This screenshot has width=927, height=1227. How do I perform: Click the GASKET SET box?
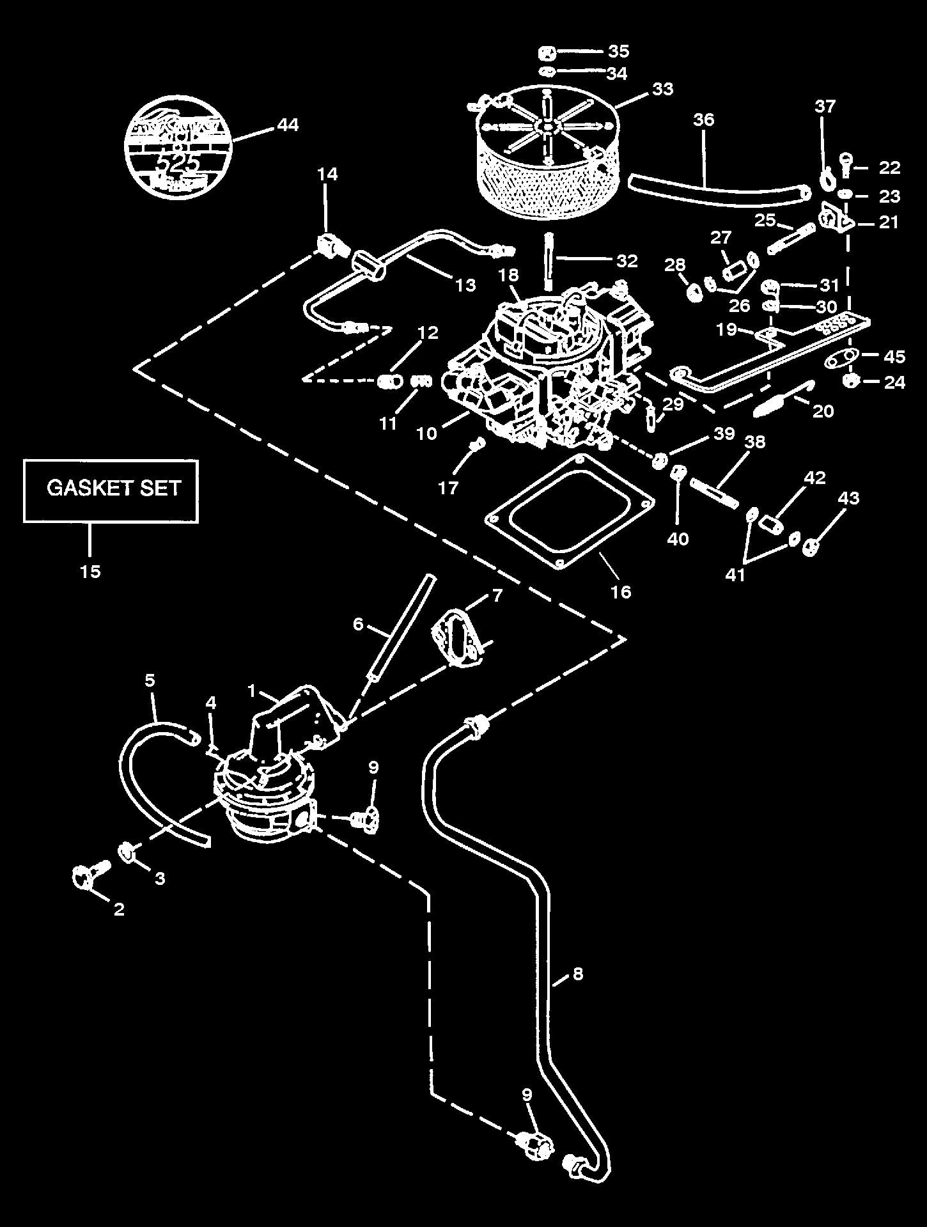point(111,490)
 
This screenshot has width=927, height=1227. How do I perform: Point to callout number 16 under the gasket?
point(621,591)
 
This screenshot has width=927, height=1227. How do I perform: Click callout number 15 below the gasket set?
point(91,571)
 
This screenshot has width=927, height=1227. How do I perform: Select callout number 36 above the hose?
point(703,120)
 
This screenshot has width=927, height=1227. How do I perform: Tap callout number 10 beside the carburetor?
point(426,433)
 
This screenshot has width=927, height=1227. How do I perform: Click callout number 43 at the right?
point(848,498)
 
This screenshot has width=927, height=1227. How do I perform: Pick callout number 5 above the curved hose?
point(150,680)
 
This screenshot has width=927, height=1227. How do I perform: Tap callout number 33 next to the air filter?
point(662,89)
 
